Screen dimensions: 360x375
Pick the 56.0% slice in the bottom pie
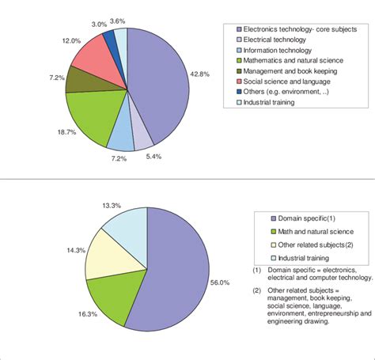174,269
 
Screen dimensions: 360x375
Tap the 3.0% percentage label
99,25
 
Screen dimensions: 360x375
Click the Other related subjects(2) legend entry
309,244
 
